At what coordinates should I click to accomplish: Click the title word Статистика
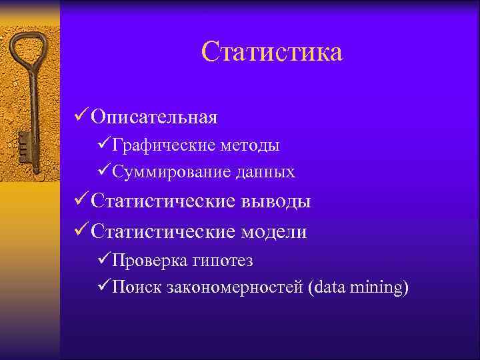(271, 52)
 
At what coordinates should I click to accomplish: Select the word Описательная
(155, 117)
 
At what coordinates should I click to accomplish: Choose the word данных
(265, 172)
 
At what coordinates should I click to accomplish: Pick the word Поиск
(133, 288)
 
